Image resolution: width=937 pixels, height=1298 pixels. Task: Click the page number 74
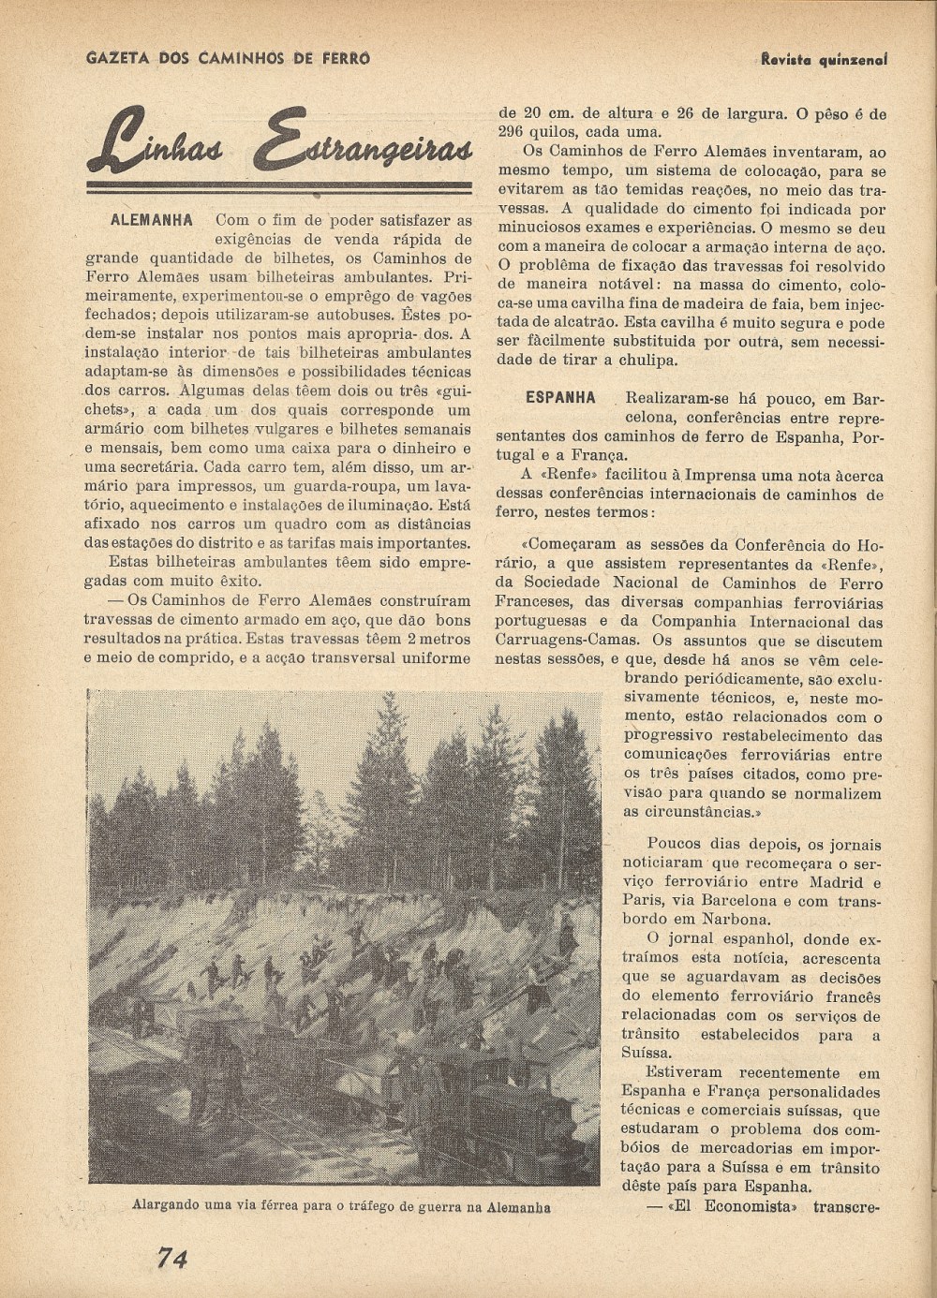[x=172, y=1258]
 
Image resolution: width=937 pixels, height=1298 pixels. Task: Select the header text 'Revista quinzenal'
[x=824, y=58]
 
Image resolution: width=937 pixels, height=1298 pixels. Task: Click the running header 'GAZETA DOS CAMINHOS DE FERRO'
[x=228, y=58]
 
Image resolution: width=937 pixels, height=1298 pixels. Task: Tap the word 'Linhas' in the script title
[x=167, y=142]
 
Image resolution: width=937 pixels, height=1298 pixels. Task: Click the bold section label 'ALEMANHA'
[x=152, y=221]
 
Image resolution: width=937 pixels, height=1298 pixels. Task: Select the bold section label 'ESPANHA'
[x=560, y=397]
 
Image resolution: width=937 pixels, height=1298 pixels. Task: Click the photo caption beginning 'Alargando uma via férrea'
[x=341, y=1207]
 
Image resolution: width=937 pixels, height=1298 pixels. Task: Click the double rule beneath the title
[x=279, y=187]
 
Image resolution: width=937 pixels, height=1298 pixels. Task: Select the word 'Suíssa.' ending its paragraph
[x=647, y=1053]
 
